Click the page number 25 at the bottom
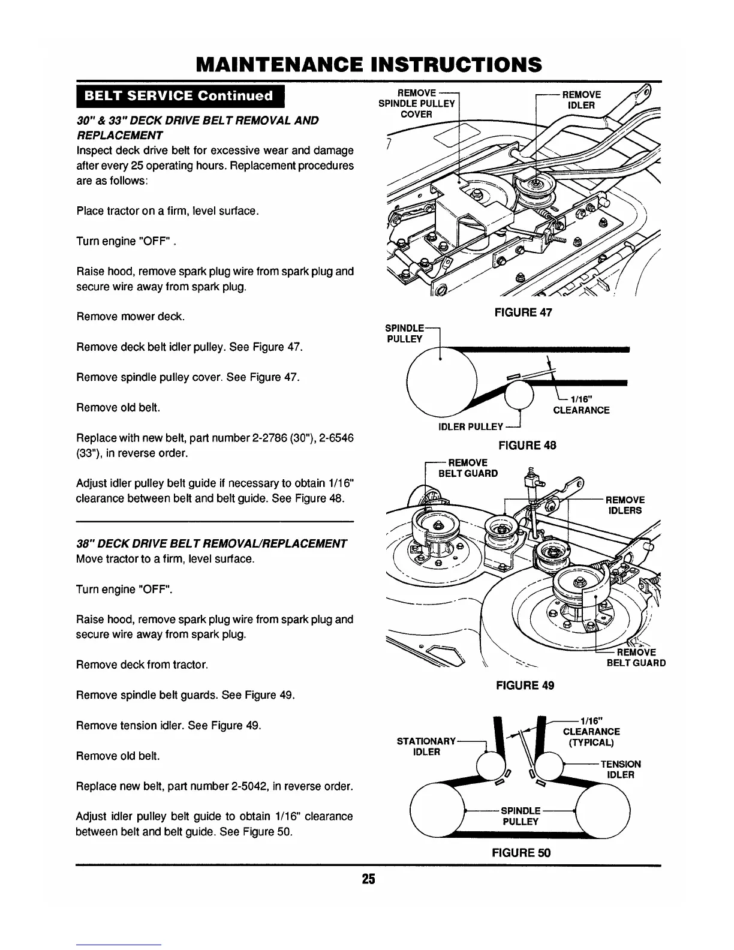pos(368,879)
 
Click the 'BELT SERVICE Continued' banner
pos(179,96)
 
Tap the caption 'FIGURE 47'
pos(522,312)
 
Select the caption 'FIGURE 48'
pos(527,445)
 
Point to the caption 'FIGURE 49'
pos(525,685)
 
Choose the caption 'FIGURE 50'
pos(521,852)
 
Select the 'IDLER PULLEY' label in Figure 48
pos(471,426)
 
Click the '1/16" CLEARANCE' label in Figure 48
pos(580,405)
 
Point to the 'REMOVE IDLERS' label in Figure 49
pos(625,505)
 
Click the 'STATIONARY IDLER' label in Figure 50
pos(426,747)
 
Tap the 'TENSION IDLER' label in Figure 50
pos(620,769)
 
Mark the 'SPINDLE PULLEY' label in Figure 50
pos(520,816)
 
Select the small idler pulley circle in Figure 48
pos(519,395)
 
